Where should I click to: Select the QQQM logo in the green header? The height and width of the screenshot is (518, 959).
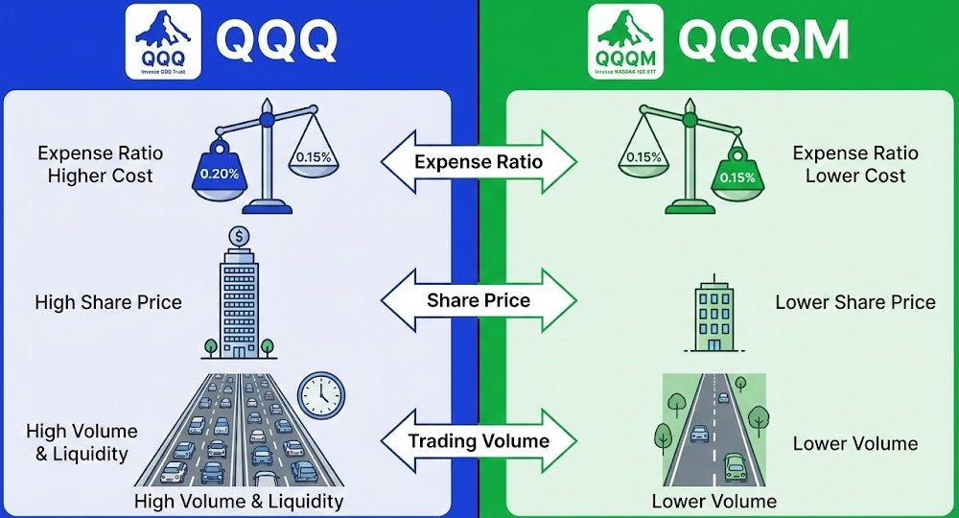coord(625,40)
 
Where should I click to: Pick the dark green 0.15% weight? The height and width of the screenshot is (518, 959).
coord(737,176)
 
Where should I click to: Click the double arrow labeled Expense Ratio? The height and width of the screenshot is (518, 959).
coord(479,161)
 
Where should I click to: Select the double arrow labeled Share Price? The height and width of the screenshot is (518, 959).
coord(479,301)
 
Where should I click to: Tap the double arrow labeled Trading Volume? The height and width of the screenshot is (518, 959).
coord(479,441)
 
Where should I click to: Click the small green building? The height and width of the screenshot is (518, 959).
coord(713,318)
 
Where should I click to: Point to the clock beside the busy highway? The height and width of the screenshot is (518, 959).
coord(319,395)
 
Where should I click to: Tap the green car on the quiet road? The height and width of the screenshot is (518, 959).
coord(736,466)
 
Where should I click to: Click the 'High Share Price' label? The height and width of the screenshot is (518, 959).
coord(108,302)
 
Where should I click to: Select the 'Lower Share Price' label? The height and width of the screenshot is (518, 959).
coord(854,302)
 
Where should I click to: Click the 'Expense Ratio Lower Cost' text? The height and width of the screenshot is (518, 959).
coord(854,165)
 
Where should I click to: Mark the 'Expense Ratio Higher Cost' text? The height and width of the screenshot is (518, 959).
coord(101,164)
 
